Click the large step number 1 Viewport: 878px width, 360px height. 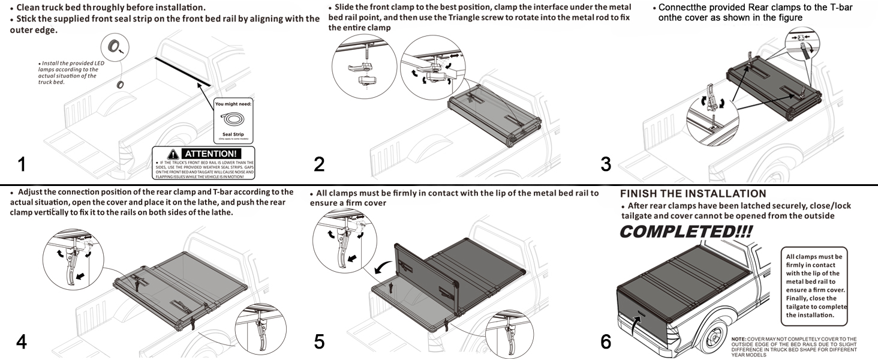22,164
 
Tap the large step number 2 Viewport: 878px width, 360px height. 319,164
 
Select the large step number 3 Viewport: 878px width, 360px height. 606,164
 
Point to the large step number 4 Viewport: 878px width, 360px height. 22,341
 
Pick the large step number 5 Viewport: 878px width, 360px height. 319,341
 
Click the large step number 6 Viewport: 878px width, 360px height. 606,341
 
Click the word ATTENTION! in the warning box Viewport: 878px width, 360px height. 211,154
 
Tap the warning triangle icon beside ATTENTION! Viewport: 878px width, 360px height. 173,154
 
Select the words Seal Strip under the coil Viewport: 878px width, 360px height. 233,134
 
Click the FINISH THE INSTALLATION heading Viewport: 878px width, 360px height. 693,194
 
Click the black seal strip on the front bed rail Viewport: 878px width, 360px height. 182,71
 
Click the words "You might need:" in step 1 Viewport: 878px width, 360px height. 233,104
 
